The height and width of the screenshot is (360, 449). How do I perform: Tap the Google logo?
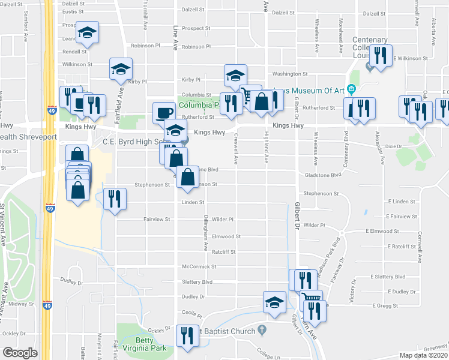point(20,353)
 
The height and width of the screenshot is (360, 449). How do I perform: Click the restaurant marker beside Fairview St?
point(115,199)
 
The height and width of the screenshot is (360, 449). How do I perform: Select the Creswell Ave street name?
point(236,151)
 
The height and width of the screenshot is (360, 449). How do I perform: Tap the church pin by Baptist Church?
point(262,329)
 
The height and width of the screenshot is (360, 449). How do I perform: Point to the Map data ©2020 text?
point(423,355)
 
